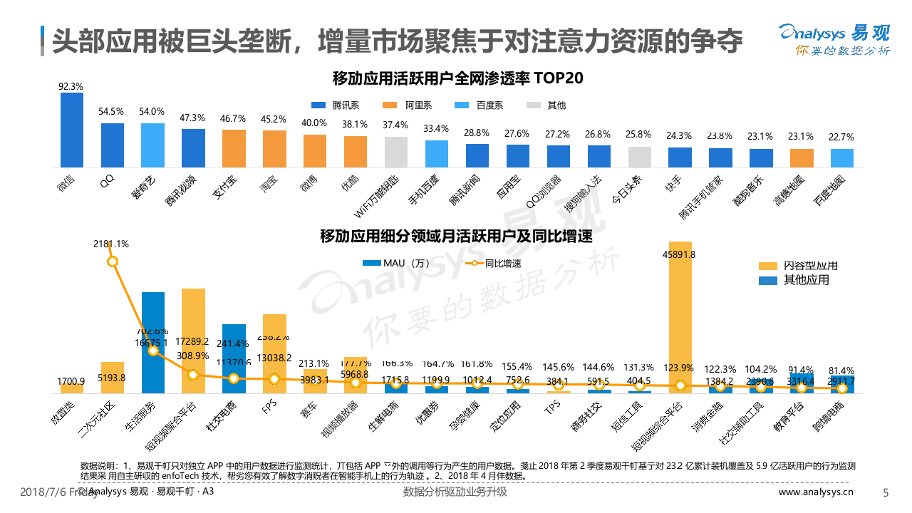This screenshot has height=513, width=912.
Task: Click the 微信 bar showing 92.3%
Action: point(71,128)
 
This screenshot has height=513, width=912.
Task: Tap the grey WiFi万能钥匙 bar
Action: point(395,150)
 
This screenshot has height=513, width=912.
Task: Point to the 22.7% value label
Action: point(842,137)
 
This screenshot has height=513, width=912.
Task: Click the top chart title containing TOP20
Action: point(457,78)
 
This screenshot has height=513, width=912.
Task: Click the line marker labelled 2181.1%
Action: point(112,261)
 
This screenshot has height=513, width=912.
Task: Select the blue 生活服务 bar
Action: point(153,342)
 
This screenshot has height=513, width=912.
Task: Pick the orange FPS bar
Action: point(274,353)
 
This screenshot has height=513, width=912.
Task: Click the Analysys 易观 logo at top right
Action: point(834,39)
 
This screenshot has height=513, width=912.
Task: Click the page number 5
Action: point(886,492)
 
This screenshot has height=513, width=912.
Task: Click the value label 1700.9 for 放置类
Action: point(71,380)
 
